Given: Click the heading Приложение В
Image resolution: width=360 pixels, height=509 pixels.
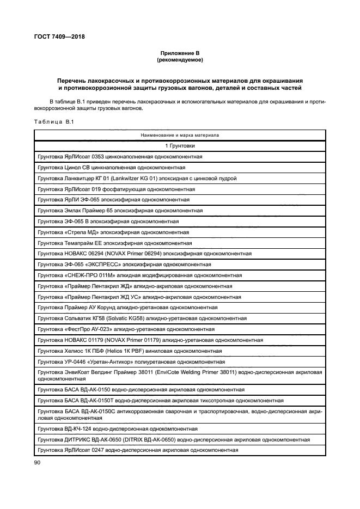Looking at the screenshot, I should click(x=180, y=53).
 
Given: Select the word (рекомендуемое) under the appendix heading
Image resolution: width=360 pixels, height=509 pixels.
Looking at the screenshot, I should click(x=180, y=59).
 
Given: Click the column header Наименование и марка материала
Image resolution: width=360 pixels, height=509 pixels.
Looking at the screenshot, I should click(x=180, y=134).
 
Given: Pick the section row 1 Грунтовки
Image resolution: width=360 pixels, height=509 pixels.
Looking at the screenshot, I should click(x=180, y=146).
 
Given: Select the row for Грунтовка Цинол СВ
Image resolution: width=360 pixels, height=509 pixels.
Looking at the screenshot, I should click(x=111, y=167).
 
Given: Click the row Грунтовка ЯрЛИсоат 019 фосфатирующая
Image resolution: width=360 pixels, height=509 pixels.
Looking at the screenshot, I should click(x=116, y=189).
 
